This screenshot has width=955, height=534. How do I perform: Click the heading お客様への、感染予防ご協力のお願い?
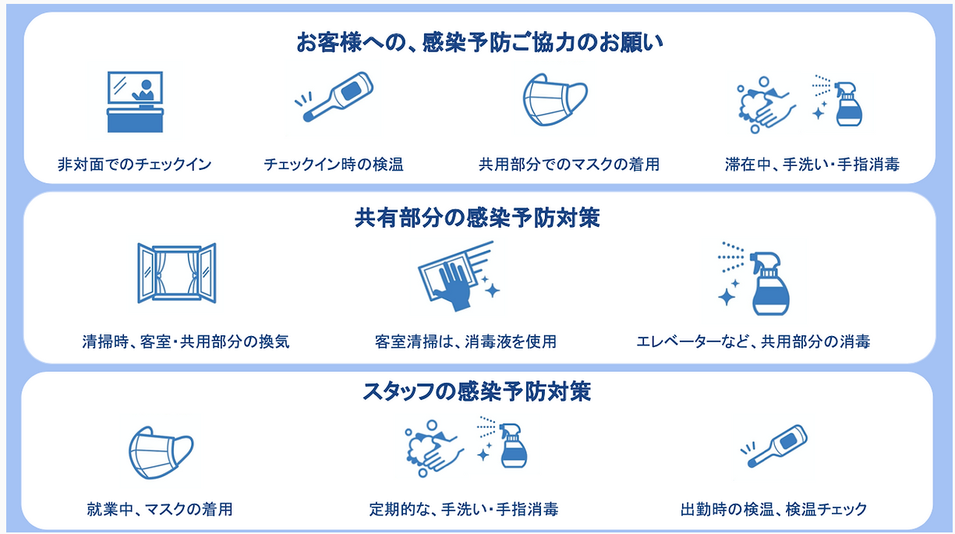[x=479, y=42]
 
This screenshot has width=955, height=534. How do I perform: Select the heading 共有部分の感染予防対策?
[x=477, y=219]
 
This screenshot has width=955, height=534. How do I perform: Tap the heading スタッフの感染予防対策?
[x=477, y=391]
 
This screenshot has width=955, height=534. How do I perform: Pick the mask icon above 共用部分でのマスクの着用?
[x=554, y=100]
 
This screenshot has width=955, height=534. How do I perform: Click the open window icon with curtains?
[x=176, y=273]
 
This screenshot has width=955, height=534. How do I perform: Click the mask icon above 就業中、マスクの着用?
[x=161, y=453]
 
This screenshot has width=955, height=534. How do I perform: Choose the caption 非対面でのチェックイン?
[x=135, y=164]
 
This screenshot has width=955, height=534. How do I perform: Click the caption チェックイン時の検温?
[x=334, y=164]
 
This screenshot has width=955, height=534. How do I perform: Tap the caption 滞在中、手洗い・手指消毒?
[x=812, y=164]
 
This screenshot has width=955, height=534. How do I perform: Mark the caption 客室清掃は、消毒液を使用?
[x=465, y=341]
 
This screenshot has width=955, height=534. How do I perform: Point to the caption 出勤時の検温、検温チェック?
[x=773, y=510]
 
